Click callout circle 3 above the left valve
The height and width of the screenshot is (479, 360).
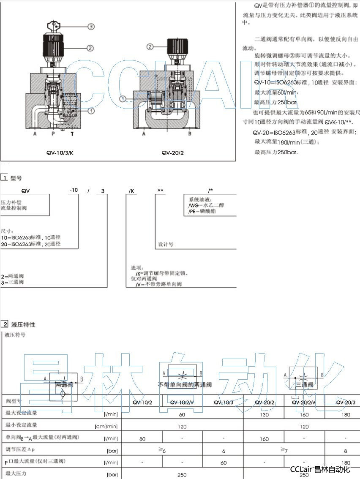pos(90,26)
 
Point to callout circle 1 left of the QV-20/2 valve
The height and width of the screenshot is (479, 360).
pos(123,98)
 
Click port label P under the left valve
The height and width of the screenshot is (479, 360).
pos(53,134)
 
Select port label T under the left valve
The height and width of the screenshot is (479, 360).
pos(71,134)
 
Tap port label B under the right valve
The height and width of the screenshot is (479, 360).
pos(189,134)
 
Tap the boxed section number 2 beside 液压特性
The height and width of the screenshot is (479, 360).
pos(4,324)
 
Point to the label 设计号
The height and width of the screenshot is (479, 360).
pos(166,245)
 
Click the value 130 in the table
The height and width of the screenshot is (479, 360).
pos(264,414)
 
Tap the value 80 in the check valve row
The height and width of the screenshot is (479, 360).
pos(142,439)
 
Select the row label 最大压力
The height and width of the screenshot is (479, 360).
pos(16,474)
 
